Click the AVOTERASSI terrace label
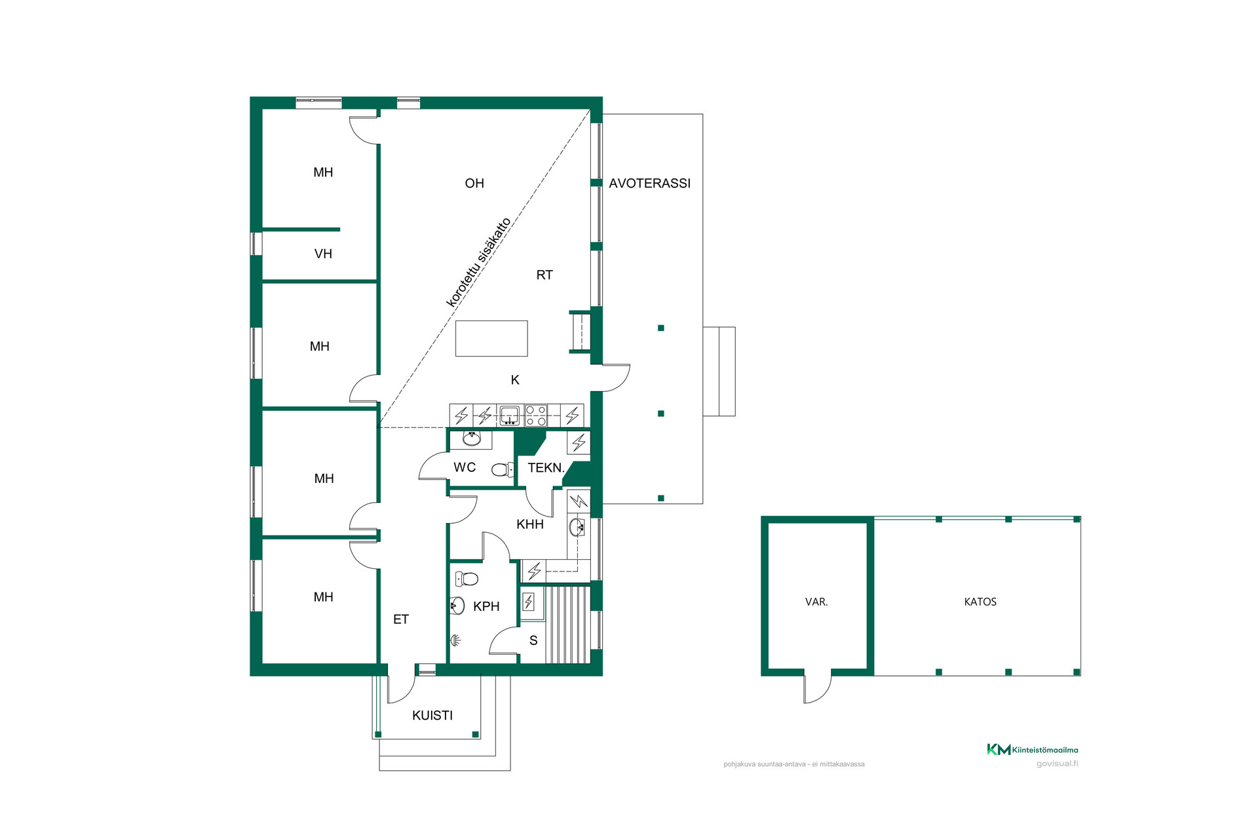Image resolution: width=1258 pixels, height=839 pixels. click(649, 184)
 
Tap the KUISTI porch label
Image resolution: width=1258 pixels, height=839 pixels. click(432, 716)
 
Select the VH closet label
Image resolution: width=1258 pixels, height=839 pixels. click(323, 254)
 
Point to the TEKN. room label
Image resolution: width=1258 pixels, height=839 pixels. click(546, 468)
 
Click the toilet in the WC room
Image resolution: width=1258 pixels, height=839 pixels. click(503, 469)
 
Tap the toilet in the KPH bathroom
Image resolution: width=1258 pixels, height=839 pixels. click(467, 579)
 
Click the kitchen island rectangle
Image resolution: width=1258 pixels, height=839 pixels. click(491, 338)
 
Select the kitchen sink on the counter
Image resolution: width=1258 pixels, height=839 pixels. click(509, 416)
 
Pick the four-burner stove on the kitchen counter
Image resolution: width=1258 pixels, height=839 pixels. click(536, 416)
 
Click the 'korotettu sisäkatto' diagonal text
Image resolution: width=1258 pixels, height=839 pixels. click(478, 262)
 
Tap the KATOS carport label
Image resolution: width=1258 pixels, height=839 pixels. click(980, 602)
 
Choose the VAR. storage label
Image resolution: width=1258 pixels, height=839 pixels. click(816, 602)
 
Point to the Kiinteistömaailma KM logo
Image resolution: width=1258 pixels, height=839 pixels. click(999, 749)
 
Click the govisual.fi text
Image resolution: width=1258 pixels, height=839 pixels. click(1057, 764)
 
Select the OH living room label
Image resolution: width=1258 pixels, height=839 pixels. click(474, 184)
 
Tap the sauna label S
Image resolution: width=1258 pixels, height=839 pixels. click(533, 640)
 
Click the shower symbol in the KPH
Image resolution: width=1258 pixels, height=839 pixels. click(456, 640)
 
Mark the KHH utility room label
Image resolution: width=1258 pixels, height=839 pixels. click(530, 524)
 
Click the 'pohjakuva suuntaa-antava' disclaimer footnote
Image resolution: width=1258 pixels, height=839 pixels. click(794, 764)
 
